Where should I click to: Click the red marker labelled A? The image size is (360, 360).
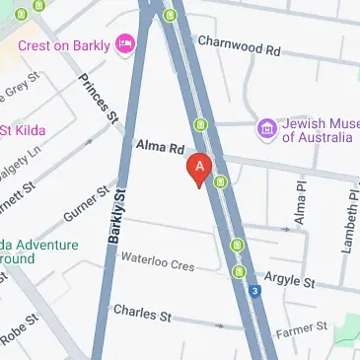(x=200, y=170)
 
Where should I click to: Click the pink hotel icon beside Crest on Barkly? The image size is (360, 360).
(x=124, y=43)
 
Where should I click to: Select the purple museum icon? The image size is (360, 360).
(x=265, y=128)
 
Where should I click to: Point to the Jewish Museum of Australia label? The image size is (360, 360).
(x=316, y=130)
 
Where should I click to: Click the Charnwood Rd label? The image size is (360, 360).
(x=239, y=44)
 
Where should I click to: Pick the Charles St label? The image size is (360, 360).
(x=142, y=313)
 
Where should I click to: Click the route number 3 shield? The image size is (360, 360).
(x=254, y=291)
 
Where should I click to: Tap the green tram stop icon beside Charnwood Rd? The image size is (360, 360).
(x=171, y=15)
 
